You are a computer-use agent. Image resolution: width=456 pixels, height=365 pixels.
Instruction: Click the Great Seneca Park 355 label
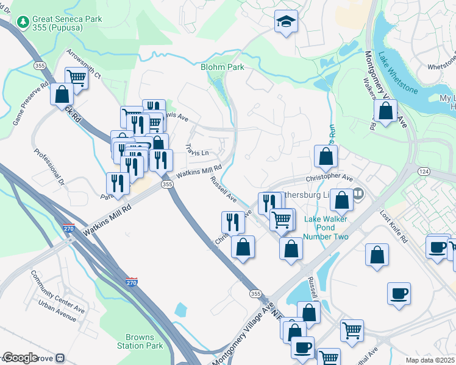click(68, 24)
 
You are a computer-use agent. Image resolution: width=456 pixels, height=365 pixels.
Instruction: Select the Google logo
click(20, 358)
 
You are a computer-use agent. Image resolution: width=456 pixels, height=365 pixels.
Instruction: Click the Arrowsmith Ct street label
click(84, 64)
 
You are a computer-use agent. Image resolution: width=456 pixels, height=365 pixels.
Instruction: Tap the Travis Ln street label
click(198, 149)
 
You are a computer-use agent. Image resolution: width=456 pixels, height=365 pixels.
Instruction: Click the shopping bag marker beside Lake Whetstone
click(386, 111)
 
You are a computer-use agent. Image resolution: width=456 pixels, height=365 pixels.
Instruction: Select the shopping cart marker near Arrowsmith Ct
click(76, 77)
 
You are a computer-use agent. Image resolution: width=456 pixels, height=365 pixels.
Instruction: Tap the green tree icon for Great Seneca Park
click(24, 21)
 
